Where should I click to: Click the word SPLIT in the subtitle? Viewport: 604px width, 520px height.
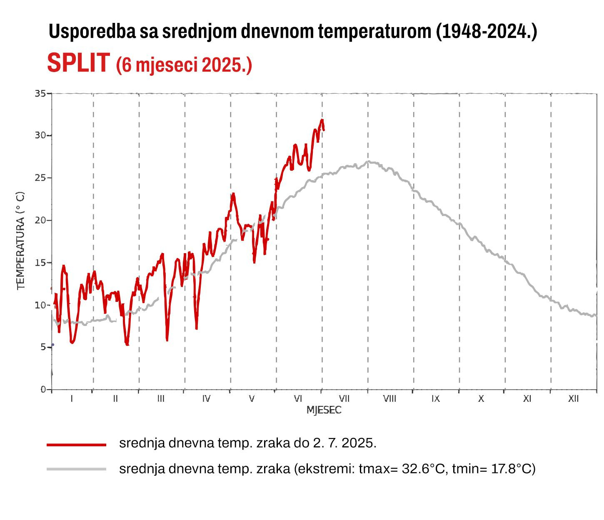(78, 63)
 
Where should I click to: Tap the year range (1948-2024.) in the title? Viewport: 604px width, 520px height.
(487, 32)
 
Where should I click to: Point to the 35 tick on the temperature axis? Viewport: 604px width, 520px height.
(40, 93)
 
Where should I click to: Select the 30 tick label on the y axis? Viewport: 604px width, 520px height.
(40, 136)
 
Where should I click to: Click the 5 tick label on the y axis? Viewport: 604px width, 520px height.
(43, 347)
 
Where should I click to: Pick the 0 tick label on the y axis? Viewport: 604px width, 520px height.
(43, 390)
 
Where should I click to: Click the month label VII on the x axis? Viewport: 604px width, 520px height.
(344, 399)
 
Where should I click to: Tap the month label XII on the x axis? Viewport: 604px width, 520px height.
(573, 399)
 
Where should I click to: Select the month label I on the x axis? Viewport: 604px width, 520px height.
(72, 399)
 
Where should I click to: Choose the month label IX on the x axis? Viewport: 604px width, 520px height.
(435, 399)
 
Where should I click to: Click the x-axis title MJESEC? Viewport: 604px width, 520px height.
(324, 410)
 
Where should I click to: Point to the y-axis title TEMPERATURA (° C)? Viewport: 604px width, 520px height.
(21, 240)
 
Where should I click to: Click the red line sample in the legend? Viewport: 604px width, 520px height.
(77, 445)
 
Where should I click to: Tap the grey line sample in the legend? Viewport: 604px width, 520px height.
(77, 469)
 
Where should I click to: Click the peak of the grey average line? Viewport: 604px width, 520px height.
(368, 162)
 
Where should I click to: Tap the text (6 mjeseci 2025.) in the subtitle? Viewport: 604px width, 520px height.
(184, 65)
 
